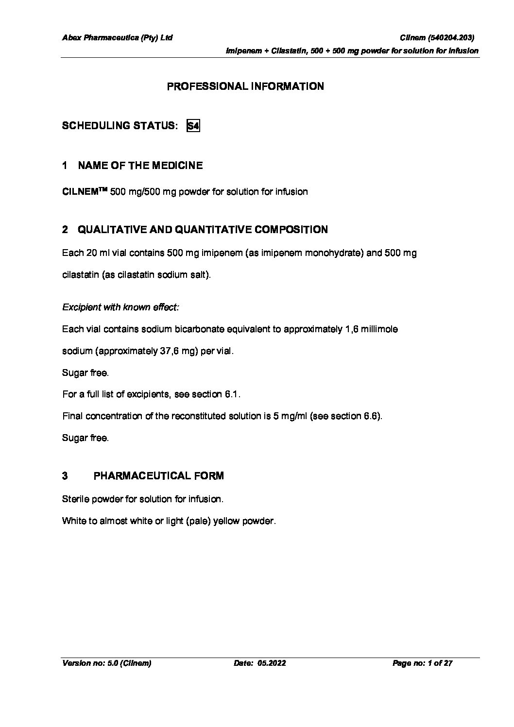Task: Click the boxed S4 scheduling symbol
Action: [193, 126]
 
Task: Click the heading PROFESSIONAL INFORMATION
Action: [245, 86]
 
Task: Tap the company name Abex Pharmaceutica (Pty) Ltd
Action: [117, 37]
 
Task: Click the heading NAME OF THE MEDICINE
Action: [140, 166]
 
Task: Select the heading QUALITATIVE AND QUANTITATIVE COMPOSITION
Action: [203, 230]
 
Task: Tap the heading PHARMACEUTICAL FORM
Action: [158, 476]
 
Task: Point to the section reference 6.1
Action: [232, 394]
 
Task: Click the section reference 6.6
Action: [372, 416]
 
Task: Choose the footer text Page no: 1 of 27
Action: [422, 663]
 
